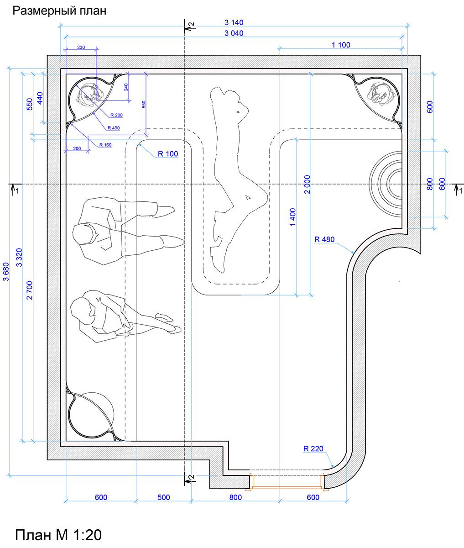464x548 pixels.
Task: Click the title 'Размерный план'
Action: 59,11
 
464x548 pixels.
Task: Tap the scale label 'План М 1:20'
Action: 58,534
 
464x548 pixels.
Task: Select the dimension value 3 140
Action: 234,22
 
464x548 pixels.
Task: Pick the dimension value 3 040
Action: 234,33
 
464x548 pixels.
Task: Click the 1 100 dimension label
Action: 341,45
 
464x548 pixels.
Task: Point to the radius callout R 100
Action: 168,154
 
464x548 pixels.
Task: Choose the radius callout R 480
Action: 324,239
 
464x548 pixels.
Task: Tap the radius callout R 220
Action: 313,448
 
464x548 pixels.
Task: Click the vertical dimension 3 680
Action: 6,272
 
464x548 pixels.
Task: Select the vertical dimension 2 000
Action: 307,184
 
